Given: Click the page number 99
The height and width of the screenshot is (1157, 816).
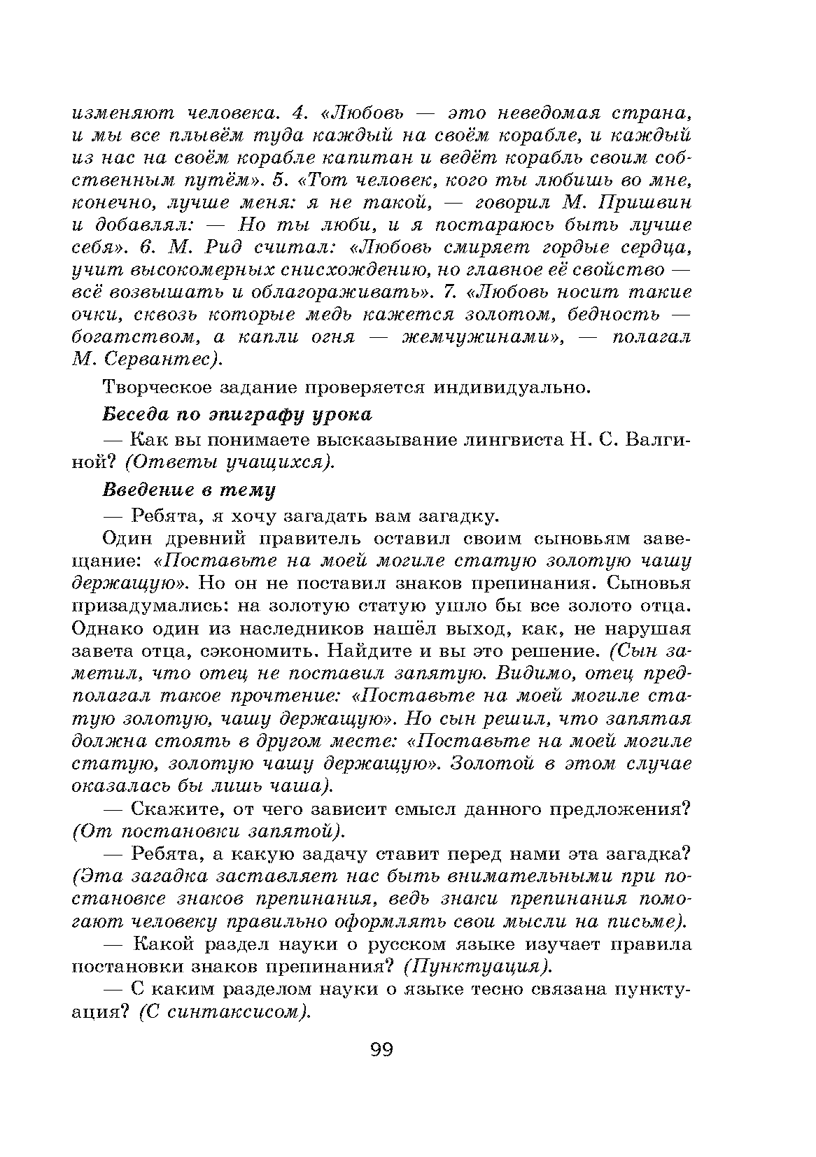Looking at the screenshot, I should tap(381, 1050).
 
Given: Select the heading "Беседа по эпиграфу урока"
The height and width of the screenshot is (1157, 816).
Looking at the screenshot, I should tap(237, 414).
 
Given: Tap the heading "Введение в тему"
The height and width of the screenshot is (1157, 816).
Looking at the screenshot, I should tap(189, 489).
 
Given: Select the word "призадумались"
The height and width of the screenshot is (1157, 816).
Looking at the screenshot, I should tap(150, 606).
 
